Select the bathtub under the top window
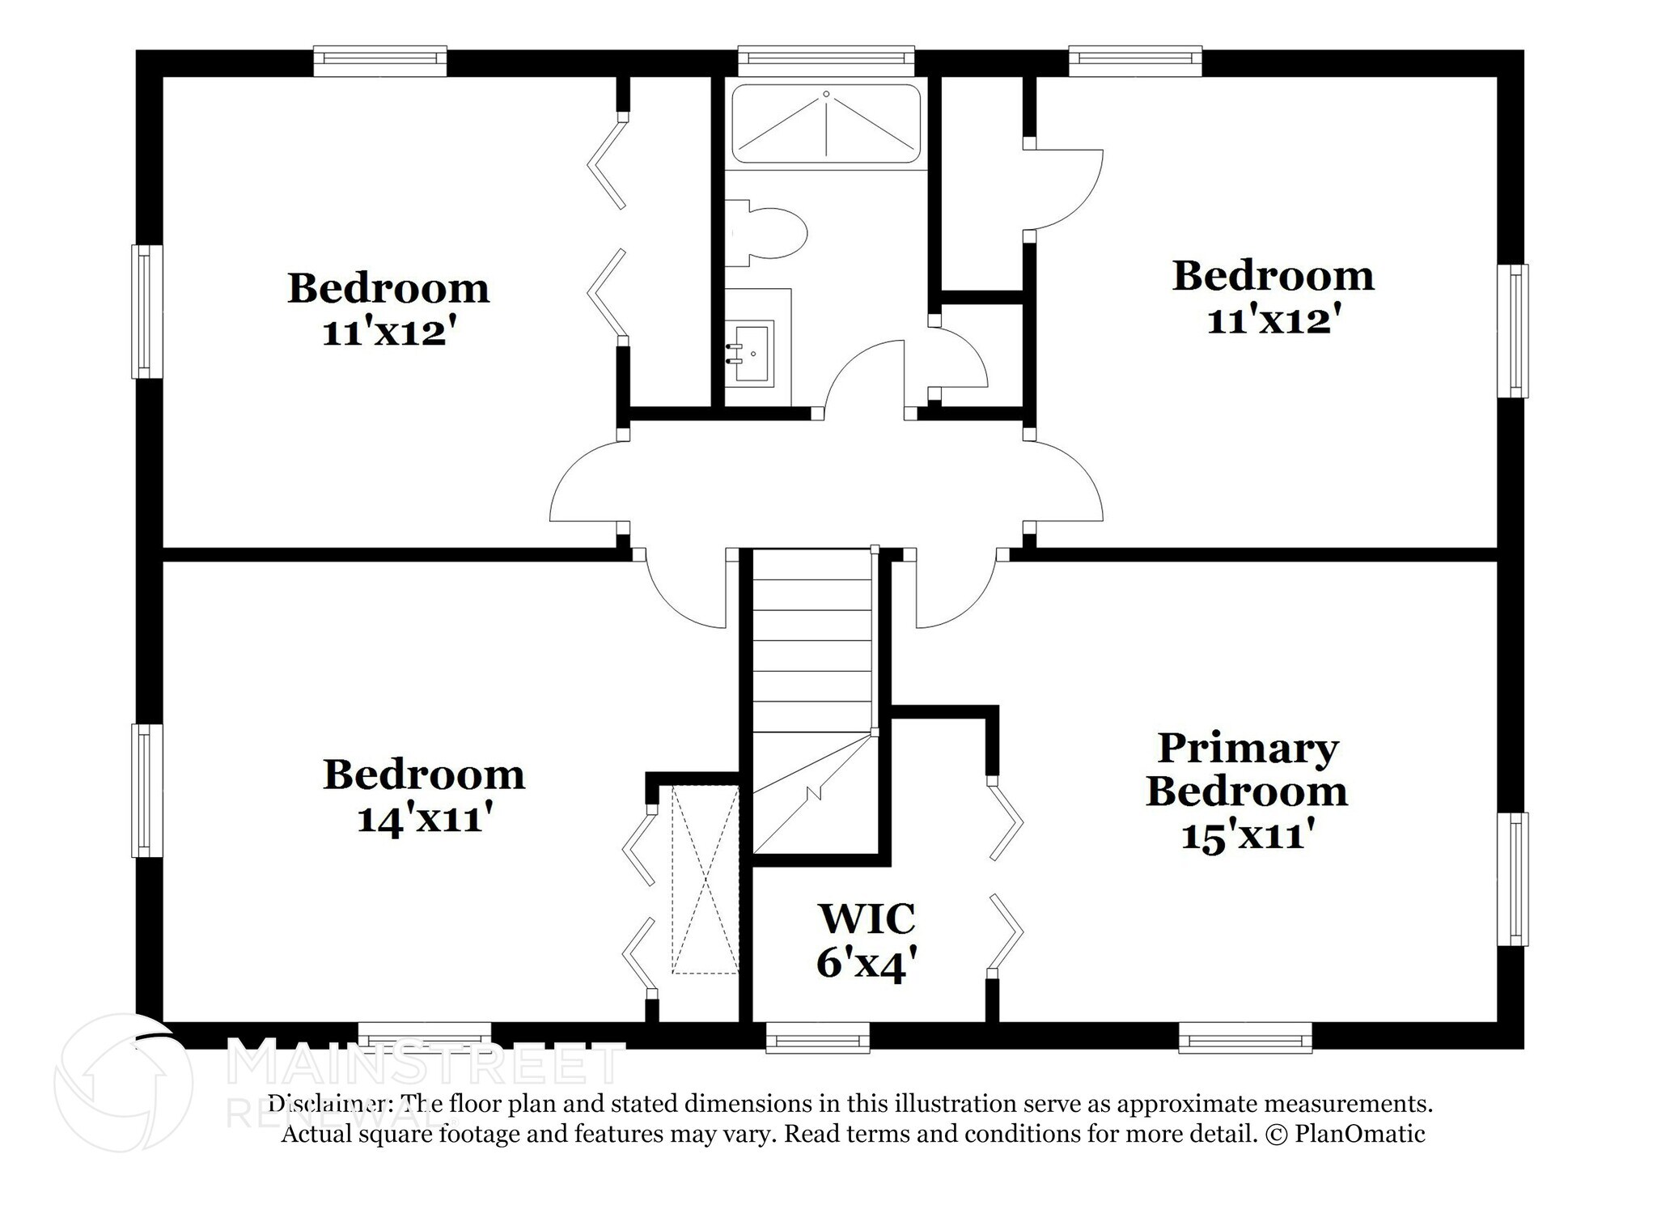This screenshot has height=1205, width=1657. (x=826, y=124)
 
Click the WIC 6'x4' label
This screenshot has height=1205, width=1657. (x=867, y=940)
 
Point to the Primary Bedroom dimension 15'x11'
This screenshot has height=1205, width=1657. (x=1246, y=834)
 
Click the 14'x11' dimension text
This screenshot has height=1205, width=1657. (x=424, y=818)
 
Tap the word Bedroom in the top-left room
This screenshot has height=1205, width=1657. (x=388, y=288)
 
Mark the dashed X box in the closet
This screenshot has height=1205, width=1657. (x=705, y=880)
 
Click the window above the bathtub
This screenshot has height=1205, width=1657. (x=826, y=58)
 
